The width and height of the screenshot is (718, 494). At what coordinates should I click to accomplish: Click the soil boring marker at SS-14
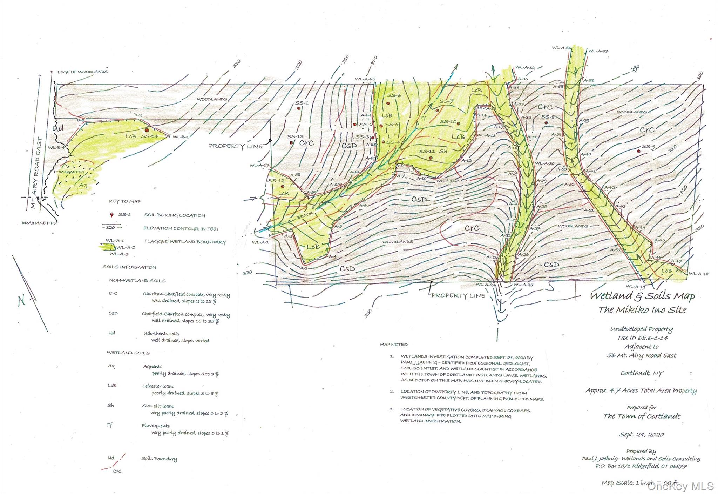click(147, 130)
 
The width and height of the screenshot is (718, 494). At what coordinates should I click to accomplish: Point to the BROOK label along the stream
click(305, 215)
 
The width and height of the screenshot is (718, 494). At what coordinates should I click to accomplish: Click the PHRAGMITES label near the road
click(69, 172)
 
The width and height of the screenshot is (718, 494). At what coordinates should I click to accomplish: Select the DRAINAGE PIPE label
click(39, 223)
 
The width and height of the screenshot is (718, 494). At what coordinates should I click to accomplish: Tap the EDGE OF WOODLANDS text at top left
click(82, 72)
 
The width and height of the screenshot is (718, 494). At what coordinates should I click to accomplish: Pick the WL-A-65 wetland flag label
click(365, 79)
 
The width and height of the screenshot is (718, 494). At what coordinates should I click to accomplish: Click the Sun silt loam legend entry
click(157, 406)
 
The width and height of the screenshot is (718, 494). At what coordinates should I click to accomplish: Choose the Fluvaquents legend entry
click(156, 426)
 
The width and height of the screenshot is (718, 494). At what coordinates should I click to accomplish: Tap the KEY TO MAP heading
click(125, 201)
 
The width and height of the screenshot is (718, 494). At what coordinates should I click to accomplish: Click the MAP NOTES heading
click(394, 345)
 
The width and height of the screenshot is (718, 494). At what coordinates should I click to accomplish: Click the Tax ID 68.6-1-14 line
click(642, 338)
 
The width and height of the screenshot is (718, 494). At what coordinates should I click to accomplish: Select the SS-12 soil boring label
click(276, 181)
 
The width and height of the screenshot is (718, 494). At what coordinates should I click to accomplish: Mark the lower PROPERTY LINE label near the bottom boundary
click(458, 296)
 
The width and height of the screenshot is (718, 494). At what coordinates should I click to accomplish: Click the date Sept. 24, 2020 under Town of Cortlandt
click(641, 435)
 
